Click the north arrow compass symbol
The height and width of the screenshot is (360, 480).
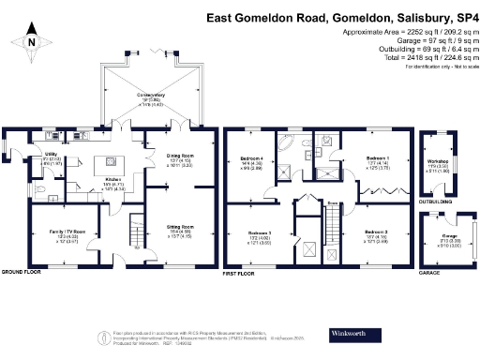click(30, 41)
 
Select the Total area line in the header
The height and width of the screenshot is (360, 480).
click(426, 57)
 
